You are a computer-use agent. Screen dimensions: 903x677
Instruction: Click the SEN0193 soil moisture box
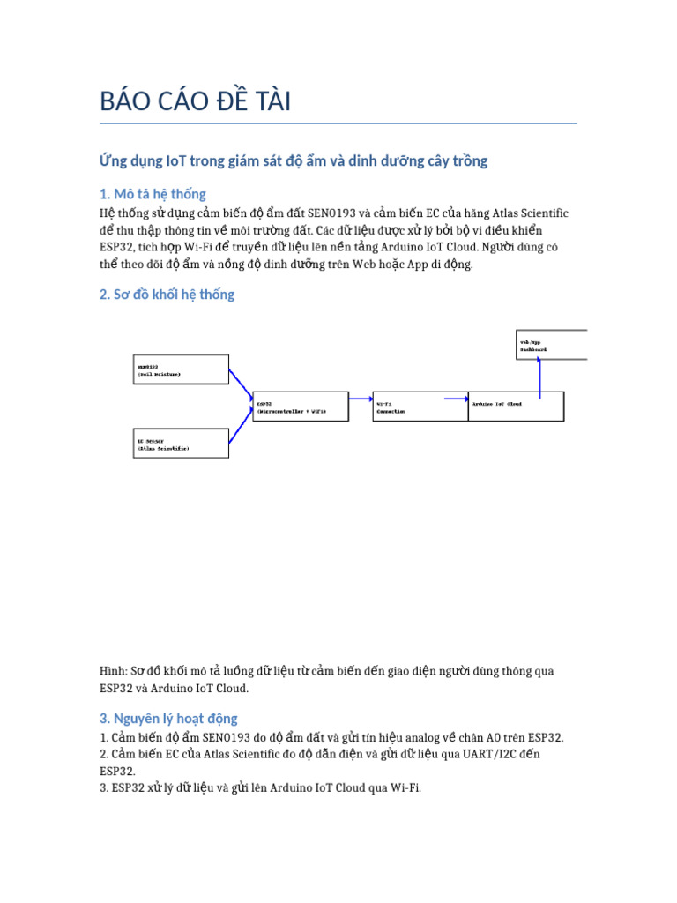click(181, 369)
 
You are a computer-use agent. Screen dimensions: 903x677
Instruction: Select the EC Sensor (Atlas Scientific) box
click(181, 443)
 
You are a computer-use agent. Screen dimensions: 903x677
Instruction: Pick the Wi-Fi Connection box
click(408, 407)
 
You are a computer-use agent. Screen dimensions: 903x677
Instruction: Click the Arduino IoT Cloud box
click(516, 407)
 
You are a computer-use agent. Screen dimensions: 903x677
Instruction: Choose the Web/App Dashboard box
click(552, 345)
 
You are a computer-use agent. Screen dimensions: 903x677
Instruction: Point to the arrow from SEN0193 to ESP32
click(241, 386)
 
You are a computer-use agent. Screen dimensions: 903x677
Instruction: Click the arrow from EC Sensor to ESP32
click(241, 426)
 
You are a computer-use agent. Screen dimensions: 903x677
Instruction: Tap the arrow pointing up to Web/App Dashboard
click(539, 375)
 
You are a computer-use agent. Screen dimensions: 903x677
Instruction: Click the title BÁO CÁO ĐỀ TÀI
click(195, 102)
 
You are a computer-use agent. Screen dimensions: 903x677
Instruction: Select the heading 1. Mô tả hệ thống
click(153, 194)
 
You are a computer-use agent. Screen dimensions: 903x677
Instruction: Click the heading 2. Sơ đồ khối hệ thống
click(167, 295)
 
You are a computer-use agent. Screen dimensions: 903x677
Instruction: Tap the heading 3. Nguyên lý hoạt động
click(168, 718)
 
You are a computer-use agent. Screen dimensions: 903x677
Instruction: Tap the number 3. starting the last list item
click(104, 787)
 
